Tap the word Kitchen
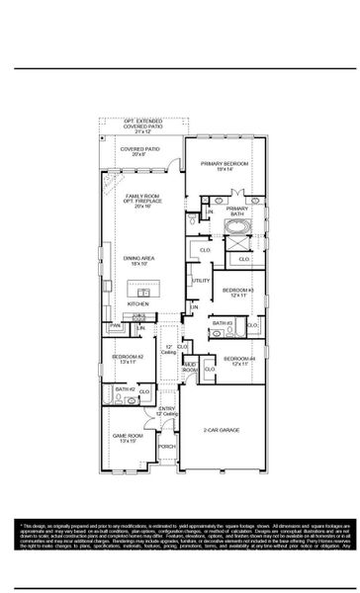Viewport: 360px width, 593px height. (x=138, y=304)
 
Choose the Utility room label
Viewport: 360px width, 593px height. (x=200, y=281)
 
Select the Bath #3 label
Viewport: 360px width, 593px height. (x=223, y=323)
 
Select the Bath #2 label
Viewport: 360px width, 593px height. (x=124, y=389)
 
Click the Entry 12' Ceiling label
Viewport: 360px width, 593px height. (x=167, y=411)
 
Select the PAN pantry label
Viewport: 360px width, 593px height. (x=115, y=325)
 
